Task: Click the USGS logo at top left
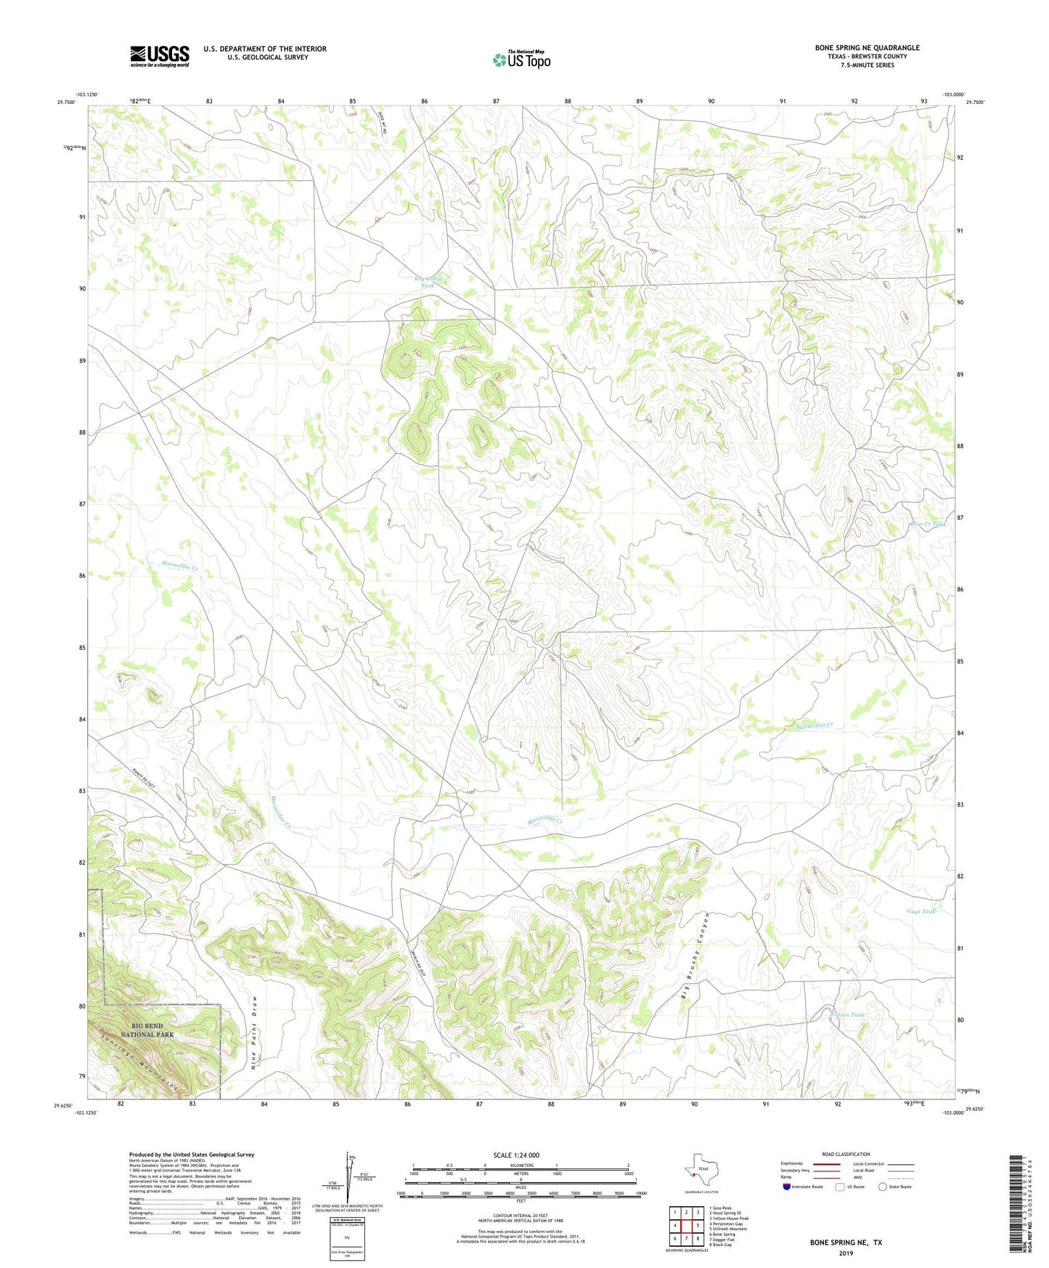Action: [159, 56]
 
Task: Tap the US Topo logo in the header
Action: [521, 60]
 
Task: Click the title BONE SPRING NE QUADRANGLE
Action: [867, 48]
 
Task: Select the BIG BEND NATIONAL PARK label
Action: [142, 1030]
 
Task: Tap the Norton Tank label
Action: [849, 1015]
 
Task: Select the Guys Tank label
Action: [921, 911]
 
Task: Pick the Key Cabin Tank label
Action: [428, 282]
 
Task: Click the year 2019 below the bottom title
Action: [846, 1253]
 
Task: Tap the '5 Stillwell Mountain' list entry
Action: [728, 1229]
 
